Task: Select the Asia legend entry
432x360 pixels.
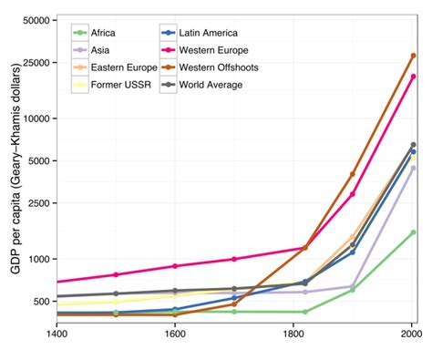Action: pyautogui.click(x=97, y=49)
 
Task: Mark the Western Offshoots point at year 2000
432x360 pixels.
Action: pyautogui.click(x=413, y=56)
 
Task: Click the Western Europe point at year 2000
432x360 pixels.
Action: pyautogui.click(x=413, y=77)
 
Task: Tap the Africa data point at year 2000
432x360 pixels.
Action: pyautogui.click(x=413, y=232)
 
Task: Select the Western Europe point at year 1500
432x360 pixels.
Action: pyautogui.click(x=116, y=274)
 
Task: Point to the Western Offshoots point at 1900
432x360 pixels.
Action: pyautogui.click(x=353, y=174)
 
